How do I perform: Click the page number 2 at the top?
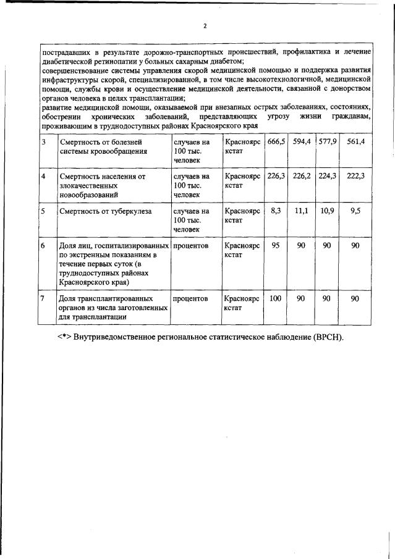pos(205,26)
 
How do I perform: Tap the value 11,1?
pos(302,211)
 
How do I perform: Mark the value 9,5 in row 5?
pos(355,211)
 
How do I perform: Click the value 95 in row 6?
pos(276,245)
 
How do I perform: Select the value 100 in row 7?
pos(276,298)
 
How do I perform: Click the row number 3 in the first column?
pos(43,141)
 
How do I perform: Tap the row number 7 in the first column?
pos(43,298)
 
